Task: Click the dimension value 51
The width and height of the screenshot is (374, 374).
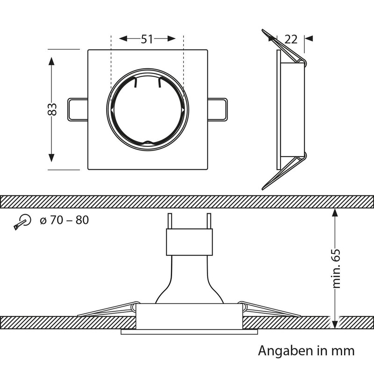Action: point(147,39)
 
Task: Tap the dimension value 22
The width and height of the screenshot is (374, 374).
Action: point(291,39)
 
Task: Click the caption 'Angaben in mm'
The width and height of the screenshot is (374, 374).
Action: point(306,350)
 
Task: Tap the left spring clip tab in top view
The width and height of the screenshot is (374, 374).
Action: point(77,109)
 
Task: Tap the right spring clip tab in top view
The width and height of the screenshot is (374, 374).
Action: point(218,109)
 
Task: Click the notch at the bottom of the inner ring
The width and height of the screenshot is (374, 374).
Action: point(147,144)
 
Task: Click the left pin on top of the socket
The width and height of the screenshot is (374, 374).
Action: point(170,220)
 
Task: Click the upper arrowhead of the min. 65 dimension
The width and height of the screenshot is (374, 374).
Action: point(334,213)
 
